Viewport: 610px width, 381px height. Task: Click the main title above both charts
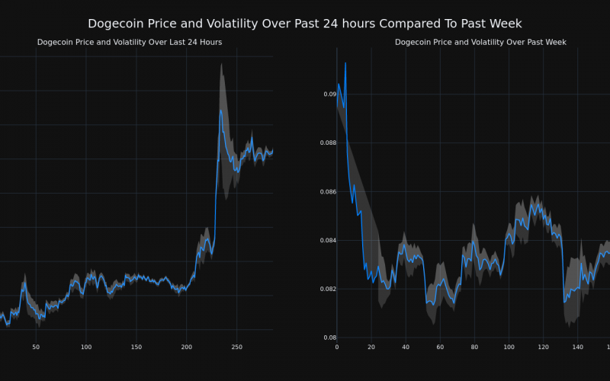(x=305, y=24)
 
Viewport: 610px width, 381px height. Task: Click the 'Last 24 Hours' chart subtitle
(x=130, y=42)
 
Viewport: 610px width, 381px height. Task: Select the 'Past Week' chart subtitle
(x=480, y=42)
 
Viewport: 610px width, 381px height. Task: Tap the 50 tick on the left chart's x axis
(x=36, y=347)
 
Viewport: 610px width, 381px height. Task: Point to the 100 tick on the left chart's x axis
(x=85, y=347)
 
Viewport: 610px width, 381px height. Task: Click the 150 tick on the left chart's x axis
(x=136, y=347)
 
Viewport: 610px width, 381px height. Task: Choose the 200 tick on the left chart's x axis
(x=187, y=347)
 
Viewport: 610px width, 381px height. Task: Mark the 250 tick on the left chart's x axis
(x=237, y=347)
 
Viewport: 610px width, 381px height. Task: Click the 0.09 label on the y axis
(x=329, y=94)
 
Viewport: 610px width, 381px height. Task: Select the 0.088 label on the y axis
(x=326, y=143)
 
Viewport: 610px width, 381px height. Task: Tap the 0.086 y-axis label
(x=326, y=192)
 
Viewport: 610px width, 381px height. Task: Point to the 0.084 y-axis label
(x=326, y=241)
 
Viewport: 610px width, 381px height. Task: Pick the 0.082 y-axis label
(x=326, y=290)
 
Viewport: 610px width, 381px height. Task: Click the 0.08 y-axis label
(x=329, y=338)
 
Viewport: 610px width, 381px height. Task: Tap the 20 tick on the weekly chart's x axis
(x=371, y=347)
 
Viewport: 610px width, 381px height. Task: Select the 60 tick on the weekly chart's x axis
(x=440, y=347)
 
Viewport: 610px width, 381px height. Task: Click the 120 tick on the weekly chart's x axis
(x=543, y=347)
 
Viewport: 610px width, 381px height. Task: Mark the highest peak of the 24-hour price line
(x=220, y=110)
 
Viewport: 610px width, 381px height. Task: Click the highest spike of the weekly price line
(x=345, y=62)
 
